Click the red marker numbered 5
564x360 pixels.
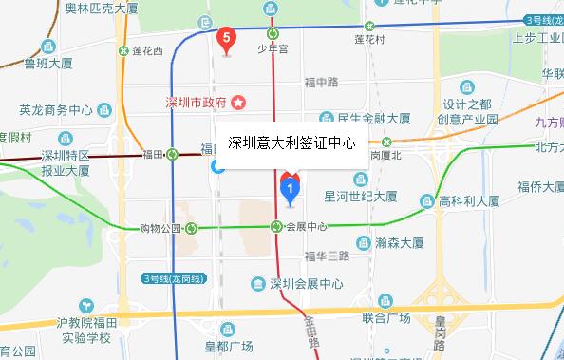pos(225,39)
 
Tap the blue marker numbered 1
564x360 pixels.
pos(290,188)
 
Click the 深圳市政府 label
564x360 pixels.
pos(195,102)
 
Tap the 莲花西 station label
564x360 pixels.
pos(146,49)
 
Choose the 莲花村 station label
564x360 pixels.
pos(367,40)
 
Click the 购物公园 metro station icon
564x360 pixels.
pos(192,227)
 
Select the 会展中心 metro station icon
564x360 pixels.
pos(275,227)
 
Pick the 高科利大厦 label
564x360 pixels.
pos(469,201)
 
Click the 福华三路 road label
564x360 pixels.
pos(328,256)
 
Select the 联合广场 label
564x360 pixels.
pos(385,317)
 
